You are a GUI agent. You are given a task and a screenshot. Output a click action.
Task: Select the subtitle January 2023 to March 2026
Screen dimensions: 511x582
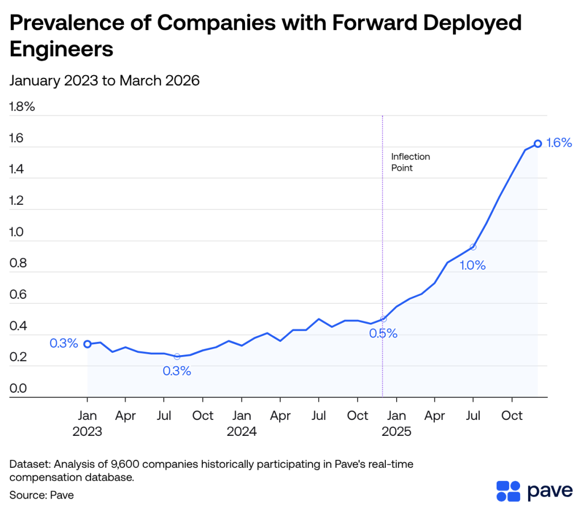tap(105, 81)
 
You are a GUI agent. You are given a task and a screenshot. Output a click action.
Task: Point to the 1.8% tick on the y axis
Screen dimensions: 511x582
tap(23, 106)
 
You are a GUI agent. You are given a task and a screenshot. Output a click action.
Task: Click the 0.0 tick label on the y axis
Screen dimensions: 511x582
tap(18, 389)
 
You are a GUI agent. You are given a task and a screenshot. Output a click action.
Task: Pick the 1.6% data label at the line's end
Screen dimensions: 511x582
tap(559, 143)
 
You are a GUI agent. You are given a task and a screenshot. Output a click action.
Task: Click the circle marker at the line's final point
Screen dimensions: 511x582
tap(538, 143)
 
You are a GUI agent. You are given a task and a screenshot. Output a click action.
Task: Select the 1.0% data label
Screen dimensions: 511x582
tap(472, 265)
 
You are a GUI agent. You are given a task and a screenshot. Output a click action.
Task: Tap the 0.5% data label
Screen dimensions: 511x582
tap(383, 334)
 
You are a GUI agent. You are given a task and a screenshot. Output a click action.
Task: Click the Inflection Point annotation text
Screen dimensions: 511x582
tap(410, 162)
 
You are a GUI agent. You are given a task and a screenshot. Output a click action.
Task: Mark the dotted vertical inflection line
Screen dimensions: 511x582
tap(383, 228)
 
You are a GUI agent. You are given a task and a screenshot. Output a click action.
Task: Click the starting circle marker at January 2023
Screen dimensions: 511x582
tap(88, 344)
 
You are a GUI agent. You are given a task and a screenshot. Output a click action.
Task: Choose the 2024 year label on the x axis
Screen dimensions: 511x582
tap(242, 432)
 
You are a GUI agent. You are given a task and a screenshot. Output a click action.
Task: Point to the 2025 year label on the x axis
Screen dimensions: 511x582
tap(397, 432)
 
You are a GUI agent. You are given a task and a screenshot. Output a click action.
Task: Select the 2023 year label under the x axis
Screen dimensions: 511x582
tap(87, 432)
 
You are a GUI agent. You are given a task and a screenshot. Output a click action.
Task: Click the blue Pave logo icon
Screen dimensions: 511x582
tap(508, 491)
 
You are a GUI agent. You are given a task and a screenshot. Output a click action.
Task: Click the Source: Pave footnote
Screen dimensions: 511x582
tap(41, 495)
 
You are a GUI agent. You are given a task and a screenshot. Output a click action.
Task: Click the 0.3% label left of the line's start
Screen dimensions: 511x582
tap(64, 344)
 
